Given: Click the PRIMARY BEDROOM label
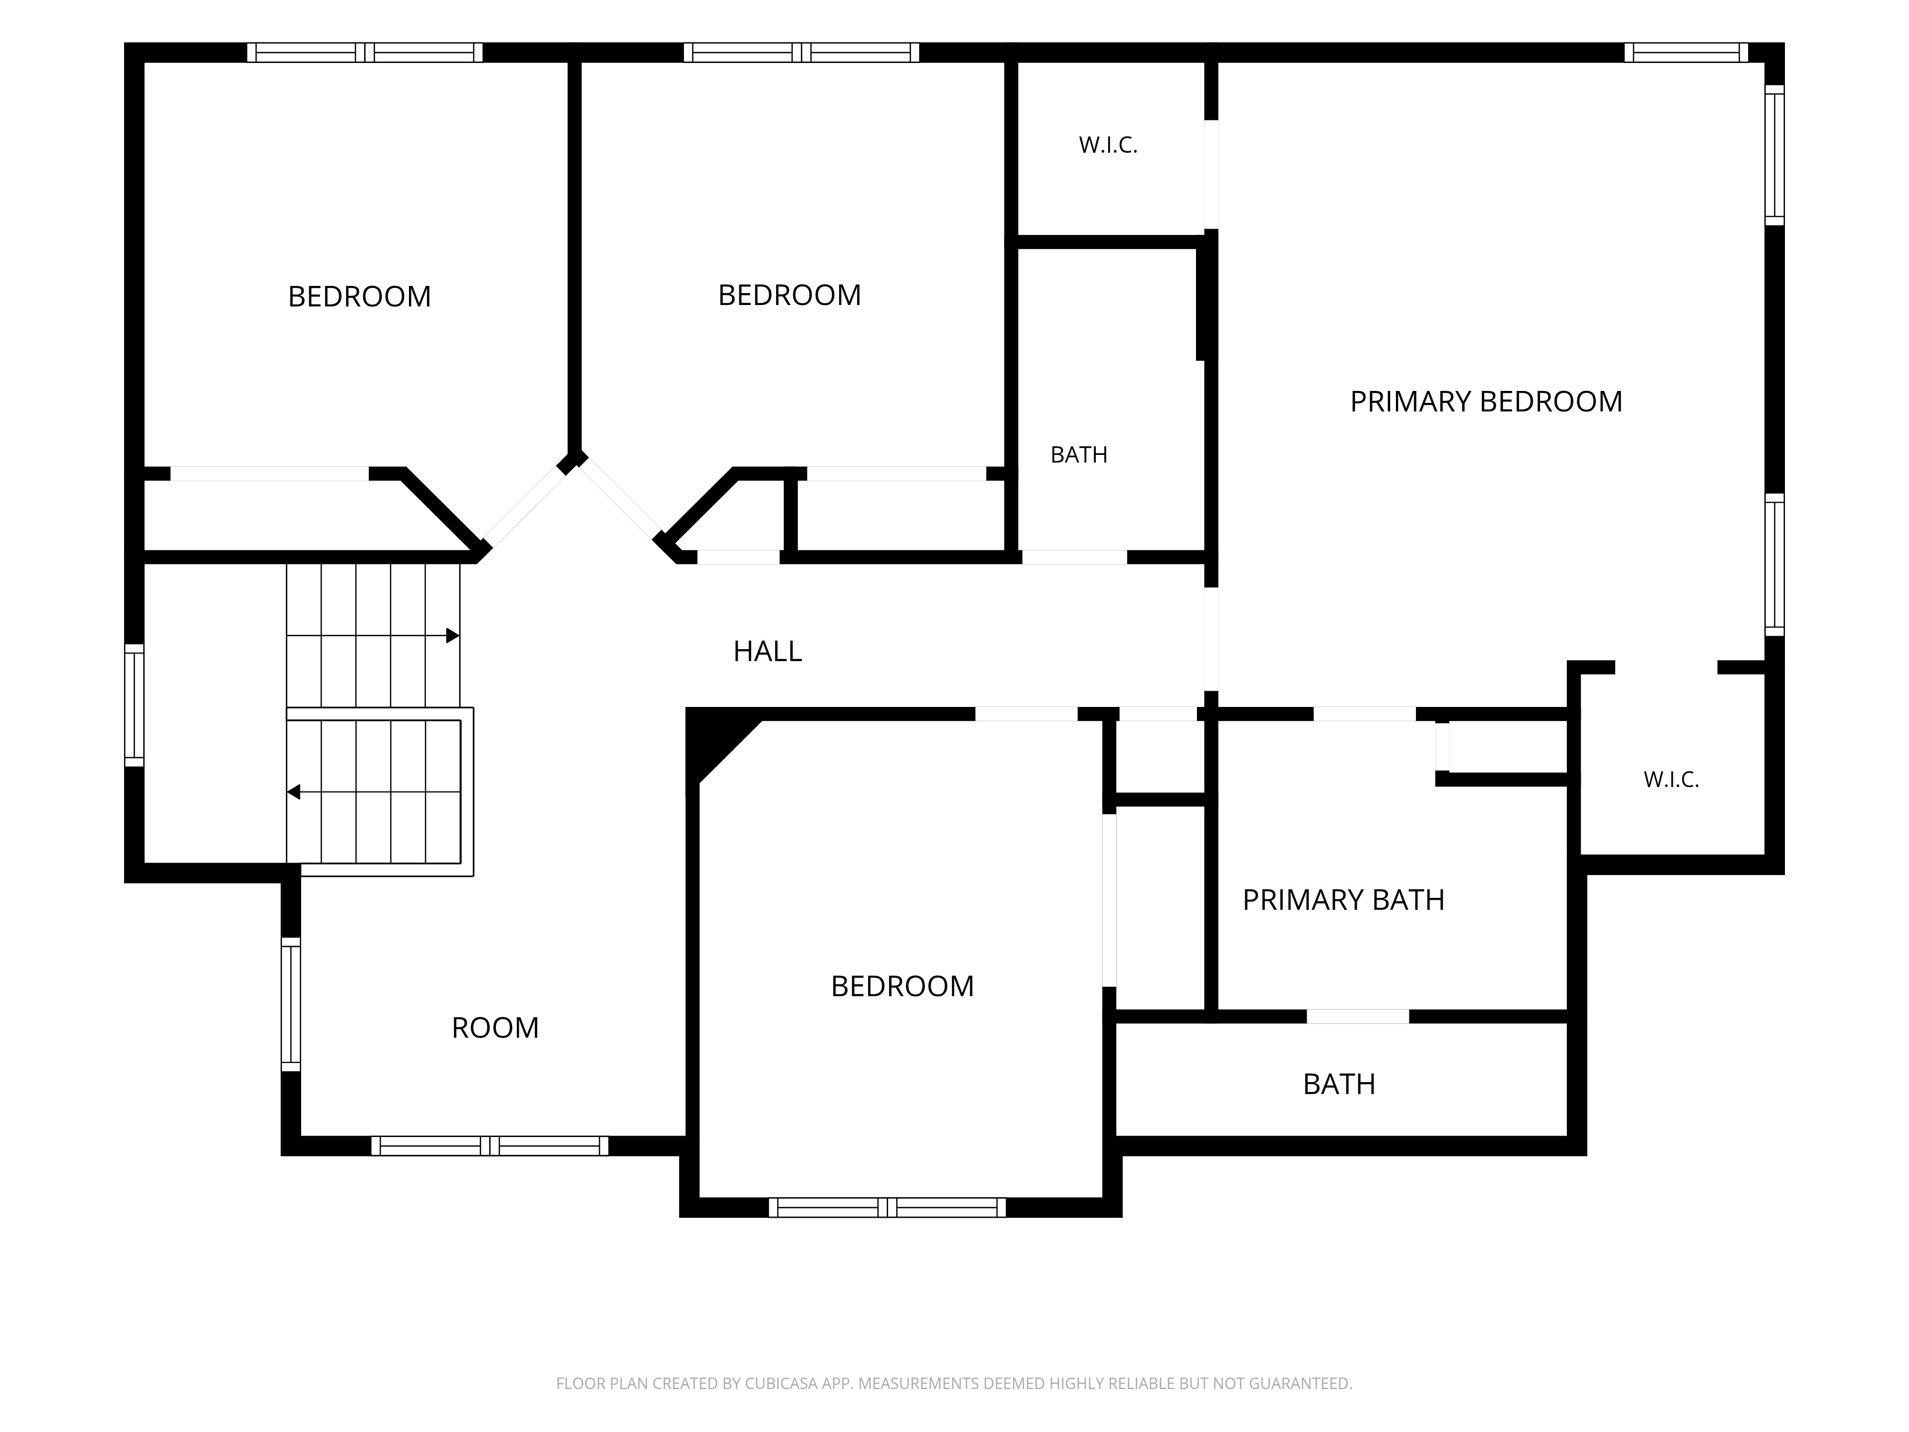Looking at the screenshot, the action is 1486,401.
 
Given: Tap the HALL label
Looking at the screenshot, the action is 767,651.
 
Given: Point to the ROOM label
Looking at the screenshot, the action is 495,1027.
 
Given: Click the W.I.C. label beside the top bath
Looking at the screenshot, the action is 1108,145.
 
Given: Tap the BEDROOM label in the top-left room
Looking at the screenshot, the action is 359,296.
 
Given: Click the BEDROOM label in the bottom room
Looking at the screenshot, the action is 902,986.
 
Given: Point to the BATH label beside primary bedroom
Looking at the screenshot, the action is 1079,455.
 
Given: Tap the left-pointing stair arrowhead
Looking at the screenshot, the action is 294,791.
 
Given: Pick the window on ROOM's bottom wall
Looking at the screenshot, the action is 489,1146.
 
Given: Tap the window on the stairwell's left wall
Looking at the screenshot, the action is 134,705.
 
